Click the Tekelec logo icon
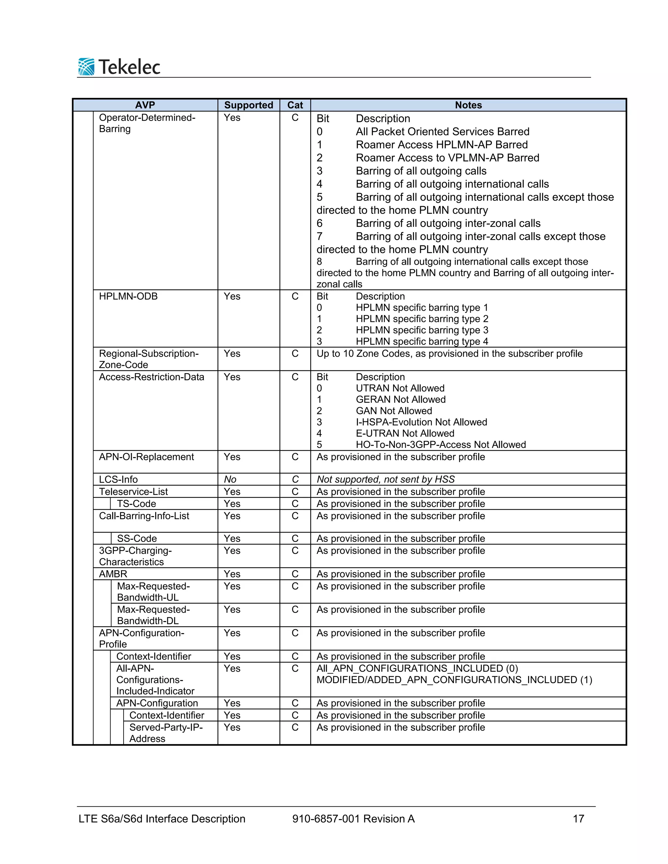coord(86,67)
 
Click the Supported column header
coord(249,105)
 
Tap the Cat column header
coord(295,105)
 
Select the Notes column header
coord(468,105)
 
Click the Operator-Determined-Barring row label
coord(147,123)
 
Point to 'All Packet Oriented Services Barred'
coord(442,131)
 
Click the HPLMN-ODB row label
coord(128,296)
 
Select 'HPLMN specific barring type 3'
coord(422,330)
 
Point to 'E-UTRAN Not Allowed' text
coord(405,433)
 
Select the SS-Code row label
coord(137,538)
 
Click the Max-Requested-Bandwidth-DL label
coord(153,615)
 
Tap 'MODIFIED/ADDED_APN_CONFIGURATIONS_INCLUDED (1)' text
coord(454,680)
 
